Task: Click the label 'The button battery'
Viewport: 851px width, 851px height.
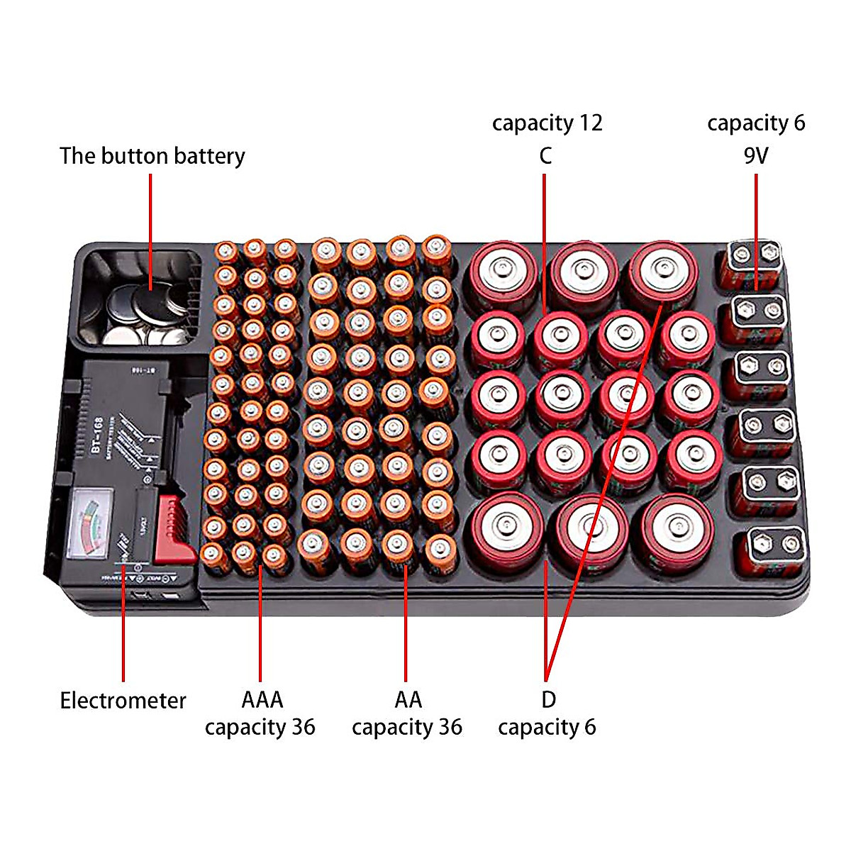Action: (x=152, y=156)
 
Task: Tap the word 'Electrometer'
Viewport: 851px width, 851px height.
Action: (x=123, y=701)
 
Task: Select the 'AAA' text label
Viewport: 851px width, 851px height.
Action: (x=262, y=699)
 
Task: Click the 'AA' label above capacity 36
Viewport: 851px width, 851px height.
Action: (x=408, y=699)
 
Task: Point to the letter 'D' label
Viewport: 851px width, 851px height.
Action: (x=548, y=699)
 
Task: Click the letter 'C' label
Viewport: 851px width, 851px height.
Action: (x=545, y=156)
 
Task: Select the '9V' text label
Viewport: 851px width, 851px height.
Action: (x=756, y=156)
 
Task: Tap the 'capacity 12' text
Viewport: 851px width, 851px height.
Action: (x=547, y=123)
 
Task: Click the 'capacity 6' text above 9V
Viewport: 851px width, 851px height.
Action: (x=756, y=123)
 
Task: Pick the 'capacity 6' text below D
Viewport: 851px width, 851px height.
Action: (x=547, y=728)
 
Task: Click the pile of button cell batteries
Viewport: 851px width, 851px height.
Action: (x=145, y=312)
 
